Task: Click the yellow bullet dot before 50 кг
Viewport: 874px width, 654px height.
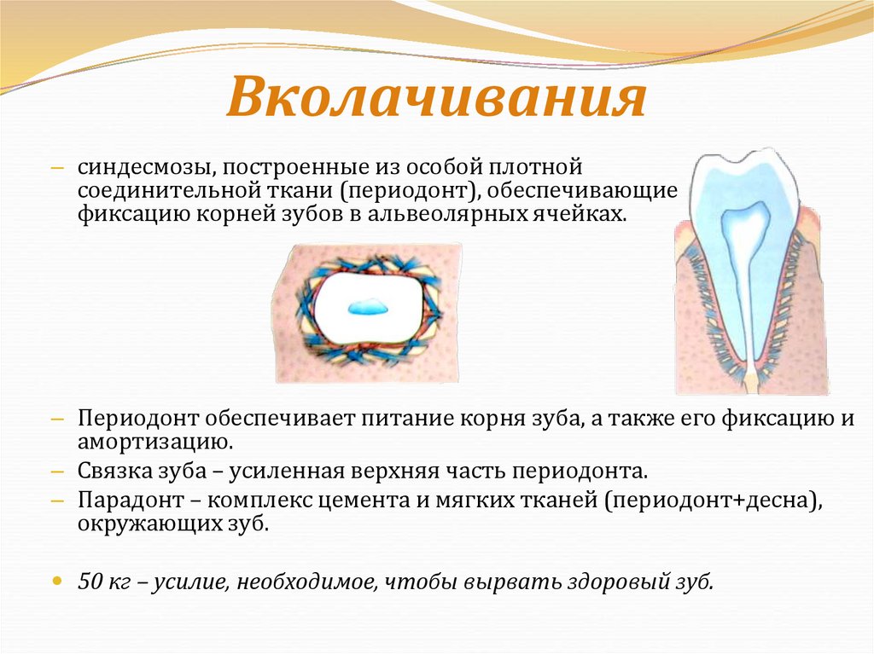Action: click(x=57, y=580)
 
